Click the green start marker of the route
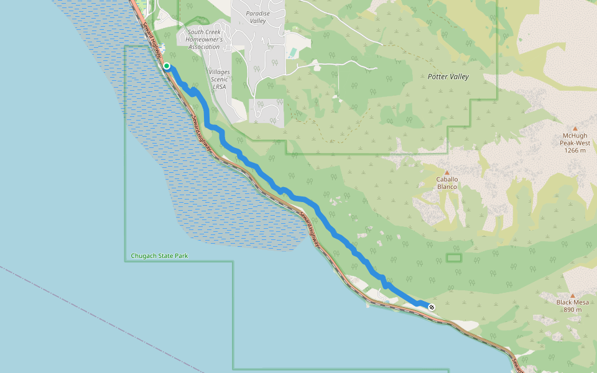(167, 65)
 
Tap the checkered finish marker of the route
(432, 307)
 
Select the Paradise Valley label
(256, 17)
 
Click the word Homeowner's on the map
(204, 39)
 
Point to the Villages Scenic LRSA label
(219, 80)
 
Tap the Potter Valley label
(448, 76)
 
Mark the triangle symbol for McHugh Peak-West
(575, 128)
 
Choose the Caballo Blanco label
(447, 183)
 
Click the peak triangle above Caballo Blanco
(447, 172)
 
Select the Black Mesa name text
(573, 303)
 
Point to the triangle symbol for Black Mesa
(573, 295)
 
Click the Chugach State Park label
(159, 256)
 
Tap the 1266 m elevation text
(575, 150)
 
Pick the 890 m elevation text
(573, 310)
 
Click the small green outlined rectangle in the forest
(455, 257)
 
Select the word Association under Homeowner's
(204, 47)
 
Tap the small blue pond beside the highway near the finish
(386, 301)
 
